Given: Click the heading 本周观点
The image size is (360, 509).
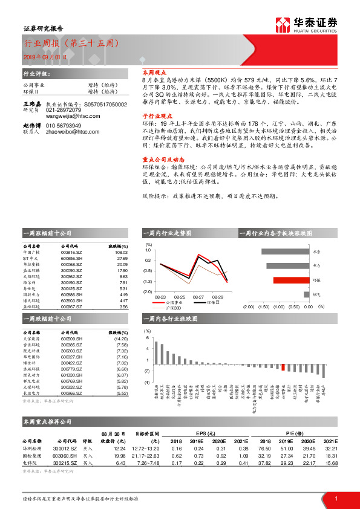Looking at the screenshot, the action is click(145, 71).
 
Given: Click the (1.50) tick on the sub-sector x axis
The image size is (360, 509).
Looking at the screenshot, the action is click(263, 306).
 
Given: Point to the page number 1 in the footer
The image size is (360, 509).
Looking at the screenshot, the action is click(336, 498).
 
